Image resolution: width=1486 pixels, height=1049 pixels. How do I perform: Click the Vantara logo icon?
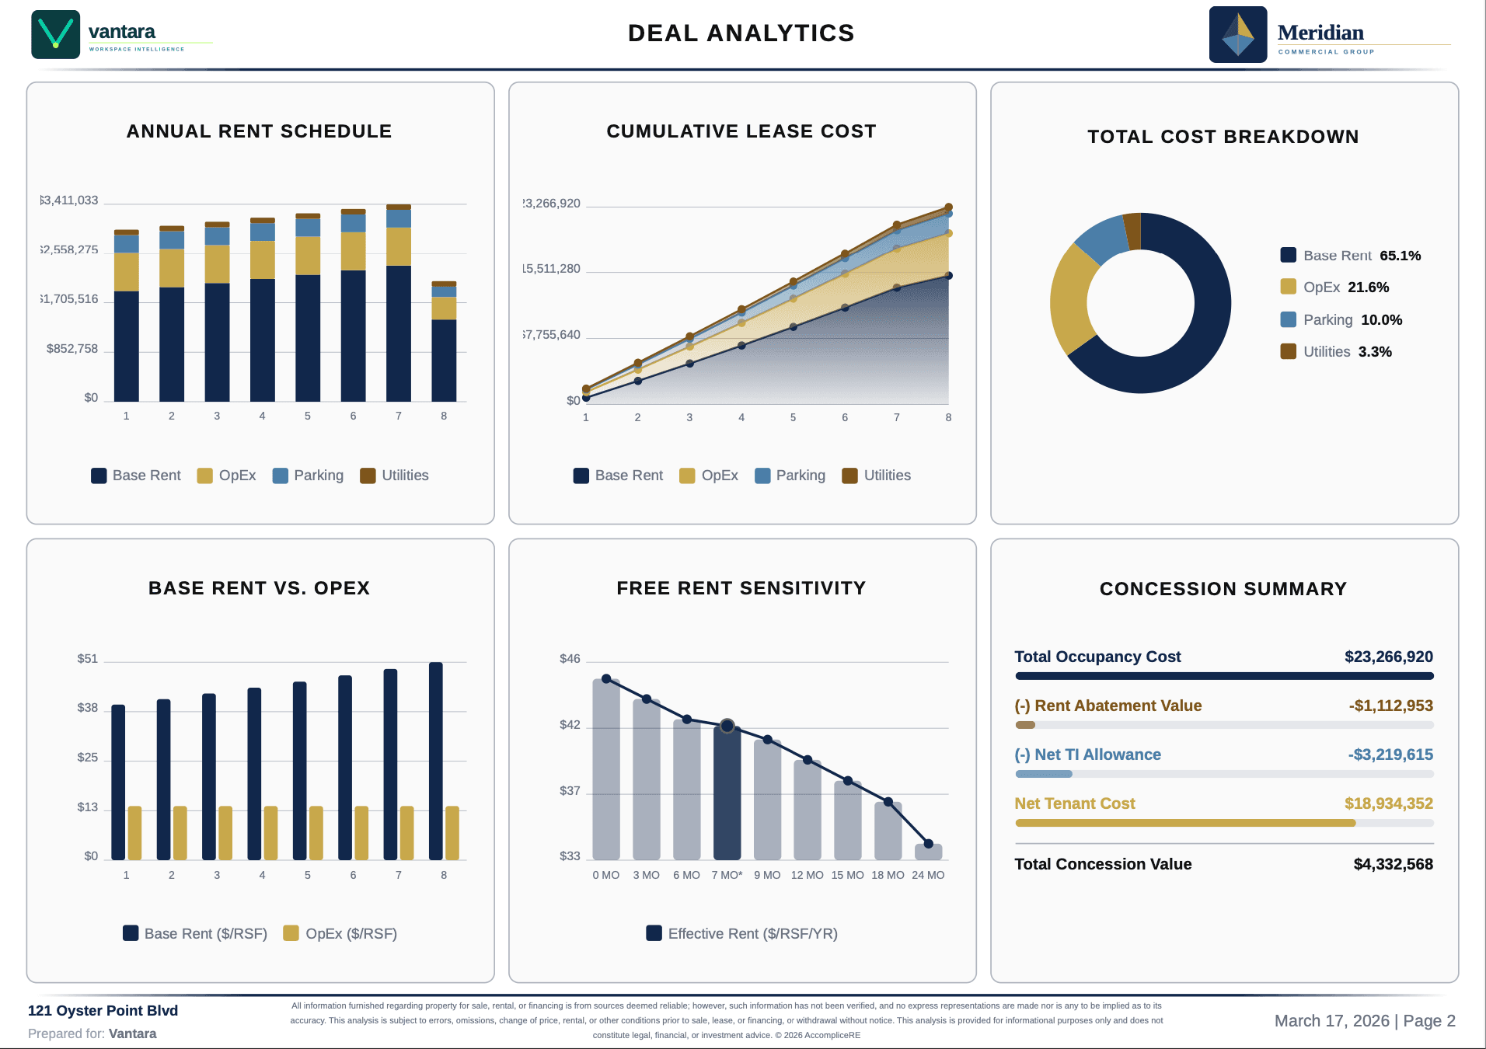(x=55, y=34)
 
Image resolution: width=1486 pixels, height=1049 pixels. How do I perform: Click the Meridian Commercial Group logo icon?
(x=1237, y=35)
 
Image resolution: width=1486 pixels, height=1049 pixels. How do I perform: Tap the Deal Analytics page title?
(x=741, y=33)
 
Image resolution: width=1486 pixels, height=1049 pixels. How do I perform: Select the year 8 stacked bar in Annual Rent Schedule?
(x=444, y=342)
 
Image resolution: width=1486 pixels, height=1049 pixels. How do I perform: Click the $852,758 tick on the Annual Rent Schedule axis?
(x=72, y=349)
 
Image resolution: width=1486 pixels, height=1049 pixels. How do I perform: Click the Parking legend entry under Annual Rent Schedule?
(x=309, y=476)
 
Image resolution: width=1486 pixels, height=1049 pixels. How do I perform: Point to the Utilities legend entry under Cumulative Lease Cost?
(x=877, y=476)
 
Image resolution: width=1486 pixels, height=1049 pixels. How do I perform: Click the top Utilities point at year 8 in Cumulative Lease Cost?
(x=948, y=207)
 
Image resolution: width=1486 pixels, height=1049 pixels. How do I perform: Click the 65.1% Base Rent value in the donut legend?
(x=1400, y=256)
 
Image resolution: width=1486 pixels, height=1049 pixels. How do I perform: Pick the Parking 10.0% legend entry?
(x=1341, y=320)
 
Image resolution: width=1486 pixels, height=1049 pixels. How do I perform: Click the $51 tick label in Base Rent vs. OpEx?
(x=88, y=659)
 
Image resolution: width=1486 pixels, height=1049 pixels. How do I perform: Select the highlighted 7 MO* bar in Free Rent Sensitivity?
(x=727, y=793)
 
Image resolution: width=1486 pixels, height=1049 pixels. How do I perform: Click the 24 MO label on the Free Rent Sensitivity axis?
(x=928, y=875)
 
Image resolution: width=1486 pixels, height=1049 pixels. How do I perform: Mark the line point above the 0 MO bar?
(x=606, y=678)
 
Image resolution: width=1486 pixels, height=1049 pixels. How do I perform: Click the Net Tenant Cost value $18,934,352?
(x=1388, y=803)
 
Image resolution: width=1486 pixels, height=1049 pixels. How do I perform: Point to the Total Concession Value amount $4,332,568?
(x=1393, y=864)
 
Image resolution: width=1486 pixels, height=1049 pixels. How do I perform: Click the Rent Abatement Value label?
(x=1108, y=706)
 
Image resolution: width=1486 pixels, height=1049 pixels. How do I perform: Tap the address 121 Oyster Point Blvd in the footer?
(x=103, y=1011)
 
